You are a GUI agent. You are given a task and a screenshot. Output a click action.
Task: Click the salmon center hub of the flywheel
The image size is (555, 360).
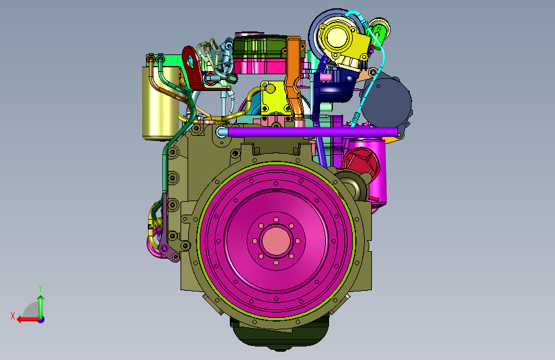(x=276, y=241)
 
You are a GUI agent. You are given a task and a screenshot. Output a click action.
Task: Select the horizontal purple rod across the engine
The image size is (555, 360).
(x=312, y=132)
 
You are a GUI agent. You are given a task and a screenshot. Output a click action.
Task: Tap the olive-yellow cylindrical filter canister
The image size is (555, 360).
(x=161, y=102)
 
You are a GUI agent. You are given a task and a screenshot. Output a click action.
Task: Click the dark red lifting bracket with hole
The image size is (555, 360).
(x=193, y=68)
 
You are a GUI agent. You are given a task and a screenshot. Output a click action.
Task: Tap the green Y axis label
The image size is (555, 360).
(x=40, y=288)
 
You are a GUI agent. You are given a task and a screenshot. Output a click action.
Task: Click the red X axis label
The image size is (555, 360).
(x=13, y=316)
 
